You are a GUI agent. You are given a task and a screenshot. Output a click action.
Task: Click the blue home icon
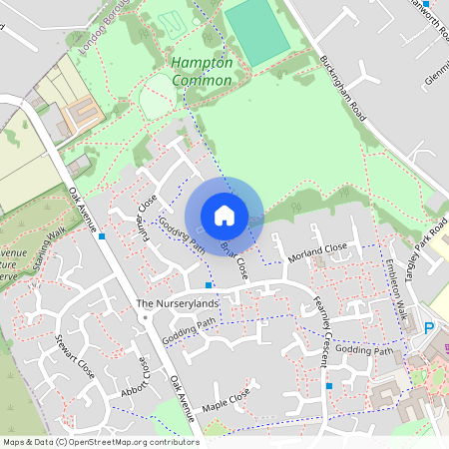point(224,215)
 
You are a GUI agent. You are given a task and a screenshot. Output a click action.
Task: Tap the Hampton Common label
point(202,70)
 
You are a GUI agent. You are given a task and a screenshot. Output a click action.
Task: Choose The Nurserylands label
point(176,302)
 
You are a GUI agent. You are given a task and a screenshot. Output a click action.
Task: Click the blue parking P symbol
point(429,328)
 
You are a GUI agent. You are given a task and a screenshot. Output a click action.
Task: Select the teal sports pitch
point(256,30)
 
